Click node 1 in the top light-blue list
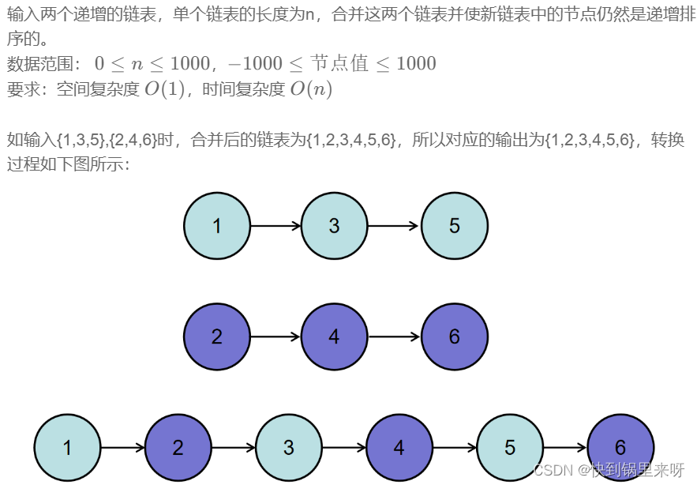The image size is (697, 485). click(217, 226)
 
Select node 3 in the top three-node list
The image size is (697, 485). click(335, 226)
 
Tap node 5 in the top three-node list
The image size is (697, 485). click(455, 226)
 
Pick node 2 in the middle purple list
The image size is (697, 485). click(217, 336)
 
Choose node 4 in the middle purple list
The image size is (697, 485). click(335, 336)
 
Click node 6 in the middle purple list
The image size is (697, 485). click(455, 336)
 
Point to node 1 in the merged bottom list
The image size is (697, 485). click(67, 448)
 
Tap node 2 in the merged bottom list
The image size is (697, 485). click(178, 448)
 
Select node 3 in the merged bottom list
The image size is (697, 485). click(289, 448)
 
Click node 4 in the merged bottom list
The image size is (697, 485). click(399, 448)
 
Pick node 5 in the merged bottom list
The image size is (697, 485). click(510, 448)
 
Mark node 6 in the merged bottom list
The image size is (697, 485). click(620, 448)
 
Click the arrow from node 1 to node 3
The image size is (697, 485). click(275, 226)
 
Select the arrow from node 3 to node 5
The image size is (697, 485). click(394, 226)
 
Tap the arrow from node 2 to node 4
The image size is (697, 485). click(275, 336)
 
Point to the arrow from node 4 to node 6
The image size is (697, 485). click(394, 336)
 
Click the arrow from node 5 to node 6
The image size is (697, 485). click(565, 448)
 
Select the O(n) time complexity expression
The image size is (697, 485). click(311, 89)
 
